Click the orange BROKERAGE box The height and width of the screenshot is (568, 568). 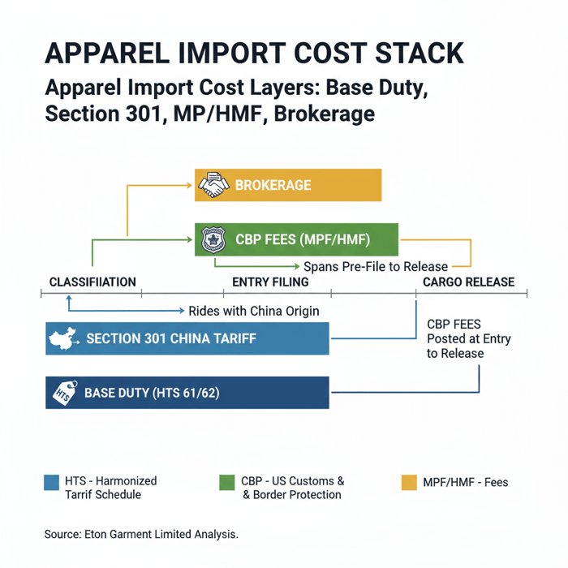pos(288,185)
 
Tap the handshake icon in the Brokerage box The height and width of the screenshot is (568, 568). pos(213,185)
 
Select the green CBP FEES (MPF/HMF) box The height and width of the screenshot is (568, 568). pos(297,239)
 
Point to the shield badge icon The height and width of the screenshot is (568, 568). pos(213,239)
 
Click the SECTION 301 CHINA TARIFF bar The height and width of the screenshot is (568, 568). pos(187,338)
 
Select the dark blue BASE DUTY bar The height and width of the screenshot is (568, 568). pos(187,394)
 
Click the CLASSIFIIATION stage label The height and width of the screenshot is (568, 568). pos(93,282)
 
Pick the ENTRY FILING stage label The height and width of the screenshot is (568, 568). pos(270,282)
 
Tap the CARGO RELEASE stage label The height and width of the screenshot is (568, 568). pos(468,282)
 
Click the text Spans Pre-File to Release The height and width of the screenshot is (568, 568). pos(375,266)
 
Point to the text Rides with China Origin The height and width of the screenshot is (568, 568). pos(253,311)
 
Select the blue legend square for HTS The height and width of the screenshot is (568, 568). pos(51,482)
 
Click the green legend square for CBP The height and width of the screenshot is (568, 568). pos(227,482)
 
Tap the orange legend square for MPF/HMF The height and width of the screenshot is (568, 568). pos(409,482)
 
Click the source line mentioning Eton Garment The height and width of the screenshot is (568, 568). pos(141,535)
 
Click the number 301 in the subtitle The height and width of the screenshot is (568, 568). pos(131,114)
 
